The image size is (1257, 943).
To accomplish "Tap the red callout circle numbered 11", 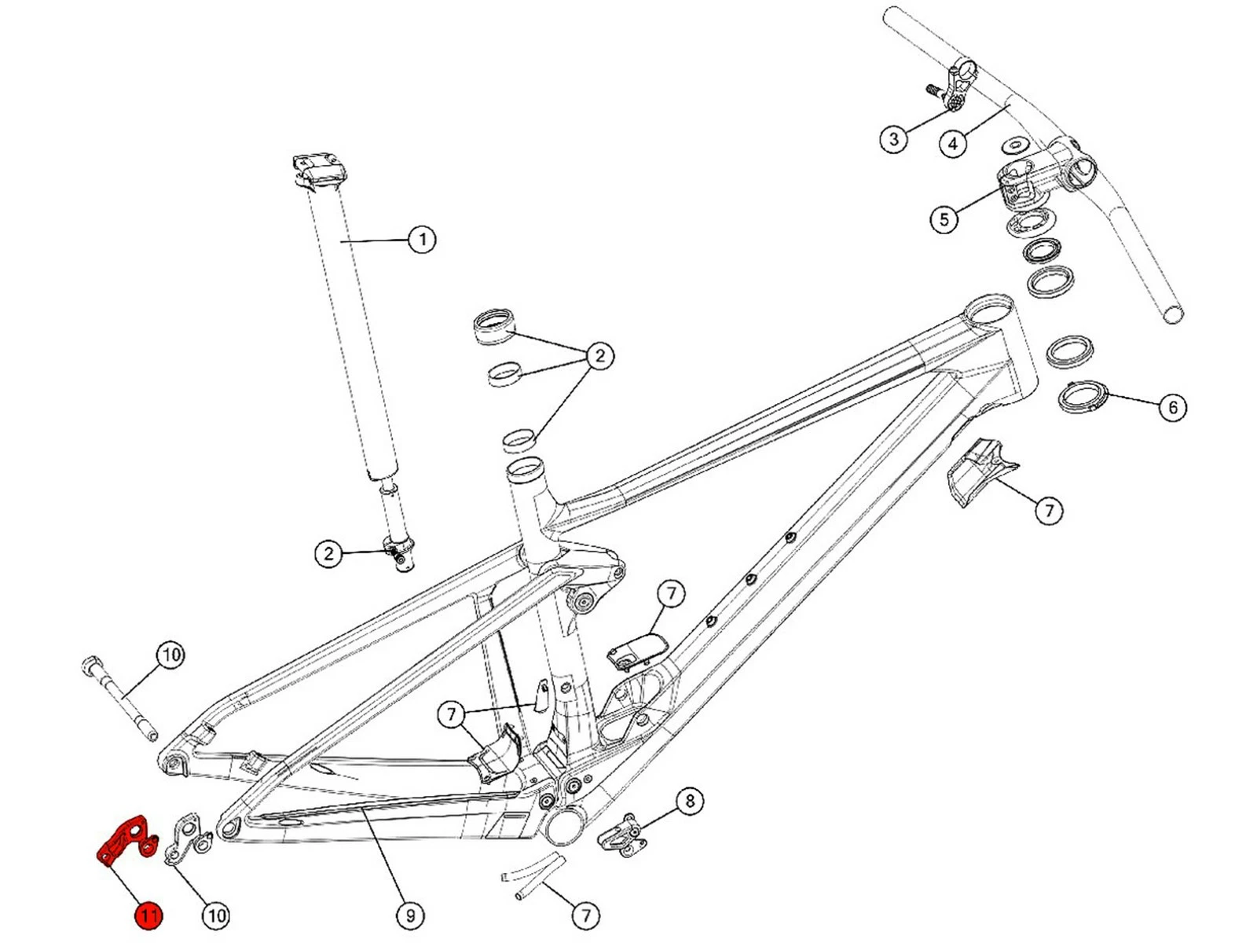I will pyautogui.click(x=148, y=915).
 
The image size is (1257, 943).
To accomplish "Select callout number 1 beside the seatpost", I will pyautogui.click(x=422, y=239).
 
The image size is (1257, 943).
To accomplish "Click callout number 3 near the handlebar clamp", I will pyautogui.click(x=893, y=140).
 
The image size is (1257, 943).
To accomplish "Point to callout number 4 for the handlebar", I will pyautogui.click(x=953, y=143).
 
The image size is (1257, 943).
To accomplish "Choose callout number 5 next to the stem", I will pyautogui.click(x=944, y=218).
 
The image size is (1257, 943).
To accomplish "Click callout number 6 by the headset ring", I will pyautogui.click(x=1173, y=407).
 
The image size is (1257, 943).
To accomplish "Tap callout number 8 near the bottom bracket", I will pyautogui.click(x=690, y=801).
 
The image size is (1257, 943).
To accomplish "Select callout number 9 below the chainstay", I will pyautogui.click(x=409, y=915).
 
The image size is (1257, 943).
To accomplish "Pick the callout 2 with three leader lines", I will pyautogui.click(x=600, y=355).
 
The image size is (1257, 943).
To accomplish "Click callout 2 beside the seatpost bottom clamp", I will pyautogui.click(x=329, y=553).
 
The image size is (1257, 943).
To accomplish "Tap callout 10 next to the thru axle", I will pyautogui.click(x=170, y=655).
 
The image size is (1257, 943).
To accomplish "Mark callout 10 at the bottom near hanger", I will pyautogui.click(x=216, y=915).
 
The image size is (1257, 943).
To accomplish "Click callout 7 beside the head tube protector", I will pyautogui.click(x=1049, y=511).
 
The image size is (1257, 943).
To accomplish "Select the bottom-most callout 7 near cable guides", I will pyautogui.click(x=585, y=915).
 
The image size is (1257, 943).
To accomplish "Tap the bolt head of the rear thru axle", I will pyautogui.click(x=89, y=665).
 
